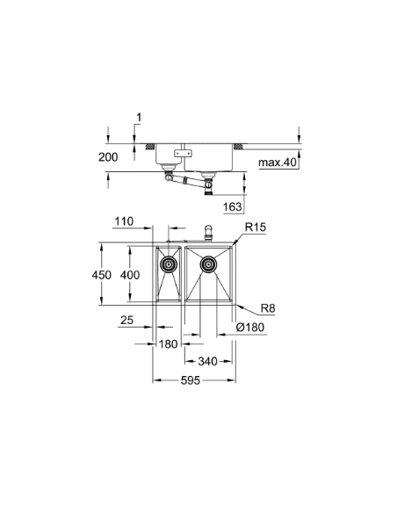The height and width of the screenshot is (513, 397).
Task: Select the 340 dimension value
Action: tap(208, 361)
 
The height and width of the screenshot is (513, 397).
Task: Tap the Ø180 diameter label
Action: tap(249, 328)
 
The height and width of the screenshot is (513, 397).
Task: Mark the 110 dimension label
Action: tap(123, 222)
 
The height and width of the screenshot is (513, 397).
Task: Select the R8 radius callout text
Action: tap(267, 308)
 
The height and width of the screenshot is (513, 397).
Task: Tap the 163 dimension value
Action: tap(257, 206)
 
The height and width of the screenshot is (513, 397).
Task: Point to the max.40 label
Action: tap(278, 163)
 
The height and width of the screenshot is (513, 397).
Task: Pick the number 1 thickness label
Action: tap(138, 117)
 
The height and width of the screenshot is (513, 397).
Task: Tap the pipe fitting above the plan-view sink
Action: tap(208, 234)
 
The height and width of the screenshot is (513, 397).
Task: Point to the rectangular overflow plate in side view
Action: tap(184, 155)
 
